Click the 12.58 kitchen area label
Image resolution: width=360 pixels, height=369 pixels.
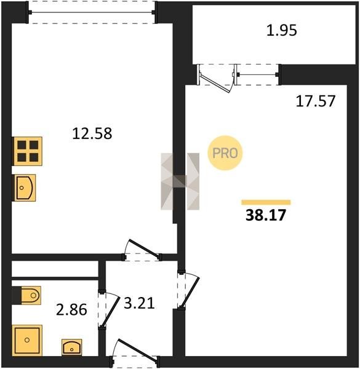click(x=92, y=133)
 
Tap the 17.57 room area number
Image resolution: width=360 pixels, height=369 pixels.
click(x=315, y=101)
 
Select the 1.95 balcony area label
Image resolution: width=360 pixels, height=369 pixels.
click(x=282, y=31)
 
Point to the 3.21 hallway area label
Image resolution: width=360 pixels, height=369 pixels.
click(x=139, y=303)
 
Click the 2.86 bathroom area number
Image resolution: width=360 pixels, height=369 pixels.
click(x=71, y=309)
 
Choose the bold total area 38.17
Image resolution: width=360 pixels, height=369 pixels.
click(x=266, y=215)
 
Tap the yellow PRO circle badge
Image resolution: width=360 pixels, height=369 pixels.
click(x=225, y=153)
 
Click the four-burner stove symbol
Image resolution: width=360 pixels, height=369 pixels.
click(x=27, y=151)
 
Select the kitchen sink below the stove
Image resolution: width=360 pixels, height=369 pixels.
click(x=24, y=188)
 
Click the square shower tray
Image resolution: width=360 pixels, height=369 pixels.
click(x=27, y=340)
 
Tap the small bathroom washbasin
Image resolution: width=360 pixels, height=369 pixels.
click(x=72, y=347)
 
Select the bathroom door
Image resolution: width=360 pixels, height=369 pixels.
click(x=108, y=310)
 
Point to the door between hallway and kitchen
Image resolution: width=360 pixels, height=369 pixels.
click(x=142, y=250)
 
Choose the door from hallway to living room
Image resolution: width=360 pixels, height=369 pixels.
click(x=188, y=290)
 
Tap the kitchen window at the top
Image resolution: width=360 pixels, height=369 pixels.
click(x=92, y=12)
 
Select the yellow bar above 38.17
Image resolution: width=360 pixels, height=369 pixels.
click(x=266, y=202)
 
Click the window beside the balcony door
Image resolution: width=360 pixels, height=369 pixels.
click(x=257, y=74)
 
